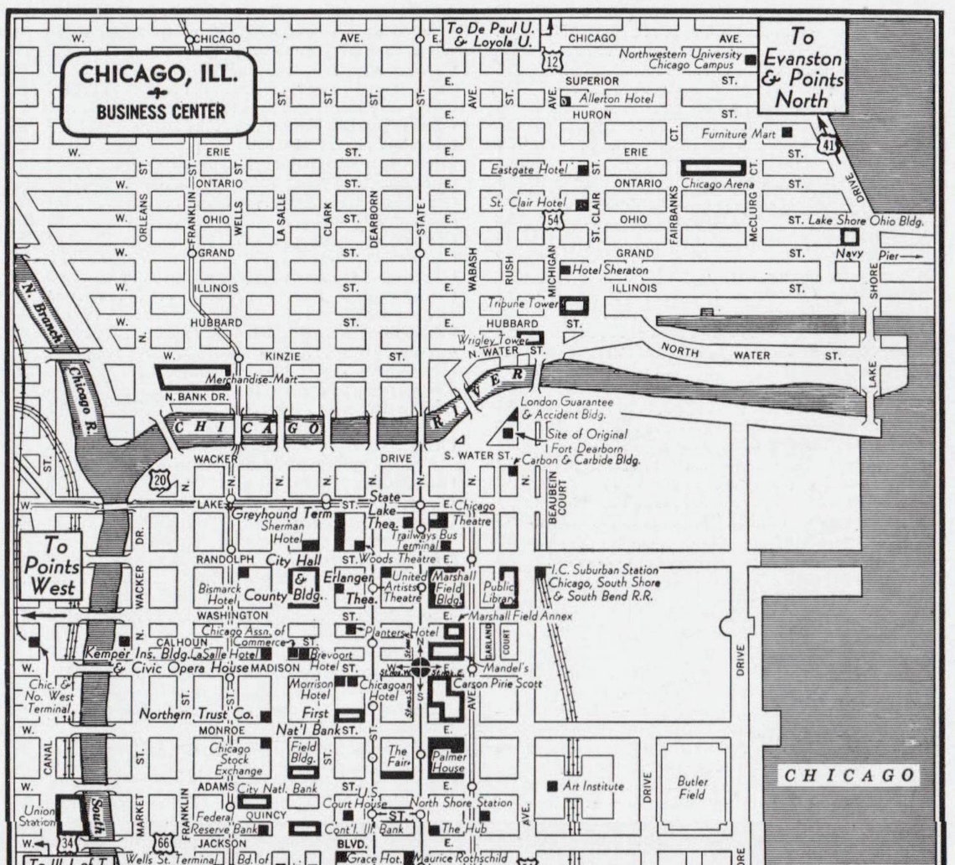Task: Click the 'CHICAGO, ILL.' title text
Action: (158, 74)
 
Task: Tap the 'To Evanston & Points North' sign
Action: (802, 67)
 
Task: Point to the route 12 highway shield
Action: (550, 60)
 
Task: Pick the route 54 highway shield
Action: (551, 219)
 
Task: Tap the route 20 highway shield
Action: (159, 480)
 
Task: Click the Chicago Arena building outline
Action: (713, 168)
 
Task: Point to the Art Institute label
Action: (592, 786)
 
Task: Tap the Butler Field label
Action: (692, 787)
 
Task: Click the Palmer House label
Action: (447, 762)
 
